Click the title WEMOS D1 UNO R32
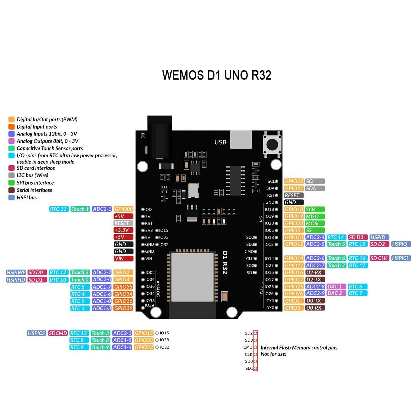[x=216, y=75]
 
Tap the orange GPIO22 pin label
[x=294, y=181]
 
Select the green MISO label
[x=315, y=216]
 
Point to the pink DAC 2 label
[x=336, y=293]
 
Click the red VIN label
[x=123, y=258]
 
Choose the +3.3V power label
[x=123, y=230]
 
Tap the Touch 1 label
[x=80, y=209]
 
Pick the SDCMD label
[x=58, y=333]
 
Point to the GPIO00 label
[x=123, y=209]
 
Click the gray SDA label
[x=315, y=188]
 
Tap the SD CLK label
[x=379, y=258]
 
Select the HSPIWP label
[x=16, y=272]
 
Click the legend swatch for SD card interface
[x=11, y=168]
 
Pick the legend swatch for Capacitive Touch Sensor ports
[x=11, y=148]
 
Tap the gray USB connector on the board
[x=241, y=139]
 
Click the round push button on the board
[x=272, y=144]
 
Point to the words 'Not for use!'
[x=273, y=354]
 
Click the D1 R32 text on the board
[x=225, y=262]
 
